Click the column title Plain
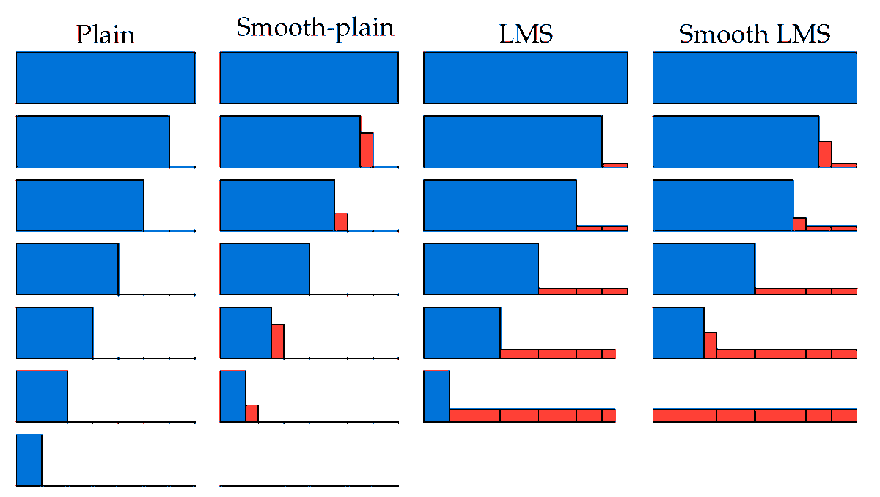pos(106,35)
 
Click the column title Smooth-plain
pos(315,27)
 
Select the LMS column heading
pos(525,34)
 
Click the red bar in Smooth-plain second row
pos(367,150)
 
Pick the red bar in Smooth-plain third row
pos(341,222)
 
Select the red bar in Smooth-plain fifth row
pos(277,341)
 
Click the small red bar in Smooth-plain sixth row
pos(252,413)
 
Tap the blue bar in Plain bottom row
pos(29,460)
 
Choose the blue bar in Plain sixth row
pos(42,396)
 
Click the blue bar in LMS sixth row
pos(436,396)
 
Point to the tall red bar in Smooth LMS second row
pos(825,153)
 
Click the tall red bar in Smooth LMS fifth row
pos(710,345)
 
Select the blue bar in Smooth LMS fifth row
pos(678,333)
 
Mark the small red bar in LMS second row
pos(615,165)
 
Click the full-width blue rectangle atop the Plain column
pos(106,77)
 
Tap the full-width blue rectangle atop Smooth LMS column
pos(755,77)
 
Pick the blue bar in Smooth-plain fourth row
pos(264,269)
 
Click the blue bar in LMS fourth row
pos(481,269)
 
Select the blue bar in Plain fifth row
pos(54,333)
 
